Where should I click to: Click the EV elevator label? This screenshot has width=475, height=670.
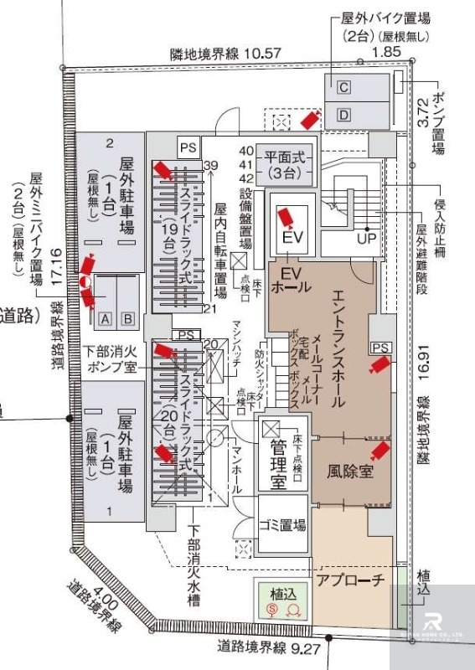pos(292,238)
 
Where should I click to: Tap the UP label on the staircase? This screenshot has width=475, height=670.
pos(367,238)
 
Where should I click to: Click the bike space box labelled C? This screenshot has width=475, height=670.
pos(343,87)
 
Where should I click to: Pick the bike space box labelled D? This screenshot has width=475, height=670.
pos(343,114)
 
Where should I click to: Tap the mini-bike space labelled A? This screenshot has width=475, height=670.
pos(106,318)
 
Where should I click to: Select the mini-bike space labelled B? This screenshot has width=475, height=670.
pos(127,318)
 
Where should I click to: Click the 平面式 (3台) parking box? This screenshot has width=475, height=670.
pos(288,164)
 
